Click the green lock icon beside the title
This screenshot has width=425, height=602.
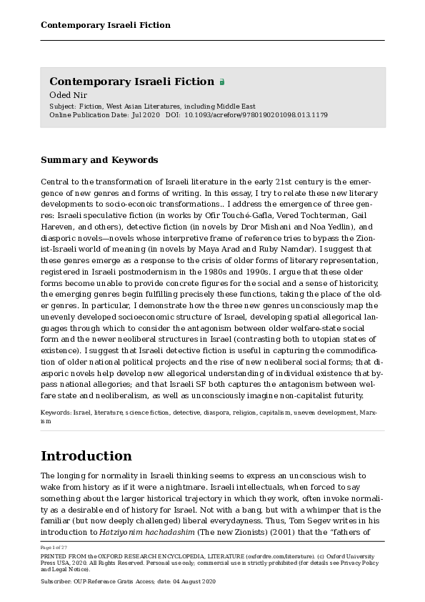(x=222, y=82)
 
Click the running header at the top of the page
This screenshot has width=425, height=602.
(x=105, y=25)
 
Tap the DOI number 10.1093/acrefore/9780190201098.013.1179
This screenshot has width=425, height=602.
(x=256, y=114)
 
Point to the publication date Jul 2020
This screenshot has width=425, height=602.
(x=146, y=114)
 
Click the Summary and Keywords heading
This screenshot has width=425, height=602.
(x=99, y=160)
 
